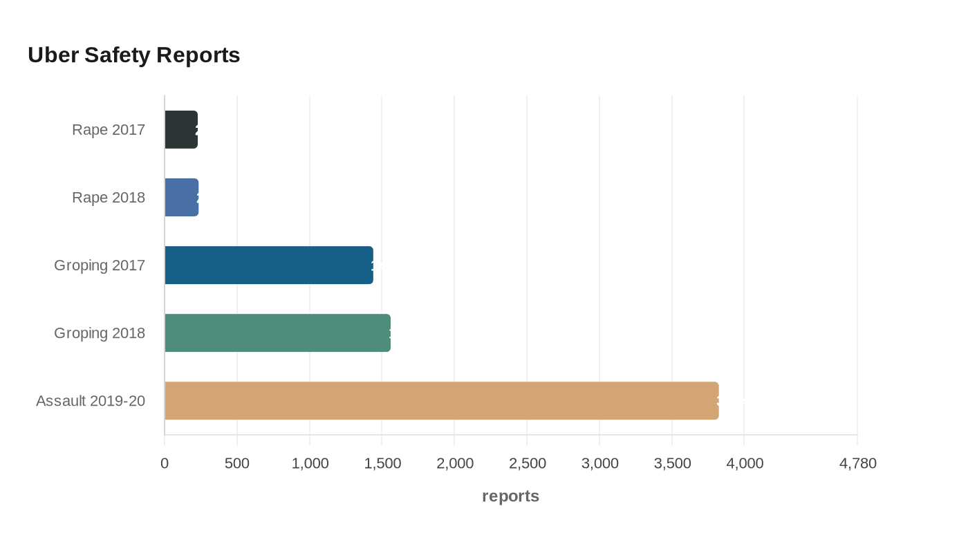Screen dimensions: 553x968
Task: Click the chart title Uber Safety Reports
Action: pyautogui.click(x=133, y=55)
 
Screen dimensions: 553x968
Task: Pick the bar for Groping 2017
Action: pyautogui.click(x=269, y=265)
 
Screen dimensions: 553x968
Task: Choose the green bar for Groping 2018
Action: pyautogui.click(x=277, y=333)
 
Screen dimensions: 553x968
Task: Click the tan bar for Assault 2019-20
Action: pyautogui.click(x=442, y=401)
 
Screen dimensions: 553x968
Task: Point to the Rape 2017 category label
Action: pyautogui.click(x=109, y=130)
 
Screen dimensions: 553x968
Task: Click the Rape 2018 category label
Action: pyautogui.click(x=109, y=198)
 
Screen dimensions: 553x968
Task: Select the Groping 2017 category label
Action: pyautogui.click(x=100, y=265)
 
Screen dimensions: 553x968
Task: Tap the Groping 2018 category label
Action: pyautogui.click(x=100, y=333)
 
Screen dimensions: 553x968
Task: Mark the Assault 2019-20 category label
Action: pyautogui.click(x=91, y=401)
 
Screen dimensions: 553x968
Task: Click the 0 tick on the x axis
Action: pyautogui.click(x=165, y=463)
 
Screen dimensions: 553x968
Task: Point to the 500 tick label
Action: pyautogui.click(x=237, y=463)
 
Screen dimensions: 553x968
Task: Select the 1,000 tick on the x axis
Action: pyautogui.click(x=310, y=463)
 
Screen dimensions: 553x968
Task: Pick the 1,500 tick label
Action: pyautogui.click(x=382, y=463)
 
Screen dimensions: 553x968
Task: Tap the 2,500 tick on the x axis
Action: pyautogui.click(x=527, y=463)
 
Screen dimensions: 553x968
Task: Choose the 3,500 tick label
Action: pyautogui.click(x=672, y=463)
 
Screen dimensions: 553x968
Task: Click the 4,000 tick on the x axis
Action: pyautogui.click(x=745, y=463)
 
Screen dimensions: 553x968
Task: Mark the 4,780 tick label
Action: pyautogui.click(x=857, y=463)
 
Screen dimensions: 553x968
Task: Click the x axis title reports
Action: pyautogui.click(x=510, y=496)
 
